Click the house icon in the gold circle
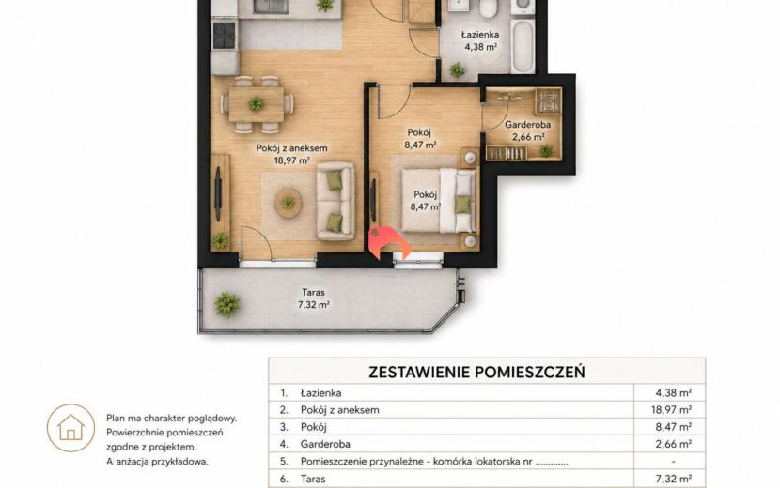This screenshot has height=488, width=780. (x=70, y=427)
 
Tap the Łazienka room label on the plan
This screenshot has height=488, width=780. (x=479, y=35)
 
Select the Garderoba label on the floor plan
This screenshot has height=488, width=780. (x=528, y=125)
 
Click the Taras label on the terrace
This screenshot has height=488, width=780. (x=313, y=293)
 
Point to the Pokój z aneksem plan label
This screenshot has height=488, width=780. (x=291, y=148)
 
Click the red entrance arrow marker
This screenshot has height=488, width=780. (x=388, y=242)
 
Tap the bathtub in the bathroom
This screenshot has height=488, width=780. (x=523, y=45)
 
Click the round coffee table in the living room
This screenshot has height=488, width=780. (x=288, y=203)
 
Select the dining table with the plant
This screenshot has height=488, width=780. (x=257, y=104)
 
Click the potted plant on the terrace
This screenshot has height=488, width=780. (x=226, y=304)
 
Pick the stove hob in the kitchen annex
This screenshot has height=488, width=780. (x=224, y=35)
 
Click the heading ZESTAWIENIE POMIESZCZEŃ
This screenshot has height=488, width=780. (x=476, y=372)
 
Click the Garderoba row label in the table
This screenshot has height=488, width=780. (x=325, y=444)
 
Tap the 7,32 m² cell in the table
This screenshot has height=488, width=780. (x=673, y=479)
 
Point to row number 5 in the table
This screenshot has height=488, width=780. (x=284, y=462)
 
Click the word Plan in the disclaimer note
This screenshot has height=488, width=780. (x=116, y=419)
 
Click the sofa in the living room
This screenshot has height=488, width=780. (x=335, y=201)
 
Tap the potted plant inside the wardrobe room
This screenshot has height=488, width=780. (x=546, y=150)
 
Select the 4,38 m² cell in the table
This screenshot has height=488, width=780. (x=673, y=393)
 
